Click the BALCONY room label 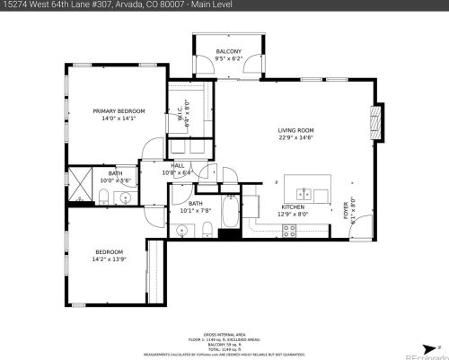coord(227,52)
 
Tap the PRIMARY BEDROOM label coord(119,110)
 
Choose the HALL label coord(178,165)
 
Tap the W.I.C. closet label coord(180,115)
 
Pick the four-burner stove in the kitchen coord(290,230)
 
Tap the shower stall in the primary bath coord(82,185)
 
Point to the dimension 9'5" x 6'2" coord(227,59)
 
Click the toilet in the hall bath coord(206,226)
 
